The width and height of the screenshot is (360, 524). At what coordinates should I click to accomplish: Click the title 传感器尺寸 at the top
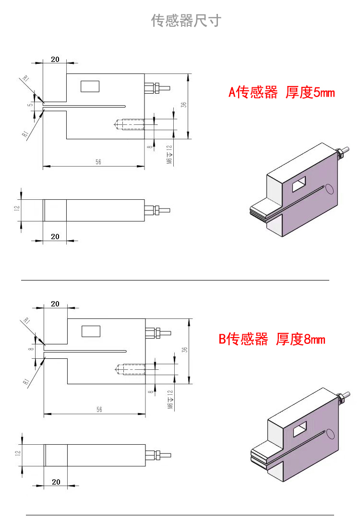pyautogui.click(x=186, y=21)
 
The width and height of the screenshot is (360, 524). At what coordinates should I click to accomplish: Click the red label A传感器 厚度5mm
pyautogui.click(x=281, y=92)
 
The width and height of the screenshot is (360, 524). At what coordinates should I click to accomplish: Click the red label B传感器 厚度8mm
pyautogui.click(x=272, y=340)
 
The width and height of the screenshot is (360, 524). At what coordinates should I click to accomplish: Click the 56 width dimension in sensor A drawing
pyautogui.click(x=98, y=162)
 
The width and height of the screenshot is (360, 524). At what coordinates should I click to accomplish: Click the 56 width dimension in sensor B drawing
pyautogui.click(x=99, y=410)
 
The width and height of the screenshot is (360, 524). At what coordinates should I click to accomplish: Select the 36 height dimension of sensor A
pyautogui.click(x=184, y=105)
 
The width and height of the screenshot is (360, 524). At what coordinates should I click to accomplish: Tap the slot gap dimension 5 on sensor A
pyautogui.click(x=30, y=104)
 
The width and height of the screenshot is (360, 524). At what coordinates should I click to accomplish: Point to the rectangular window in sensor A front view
pyautogui.click(x=90, y=86)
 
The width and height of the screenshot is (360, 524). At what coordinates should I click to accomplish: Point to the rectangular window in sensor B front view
pyautogui.click(x=91, y=331)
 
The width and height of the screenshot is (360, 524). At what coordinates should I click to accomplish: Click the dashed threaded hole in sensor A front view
pyautogui.click(x=130, y=125)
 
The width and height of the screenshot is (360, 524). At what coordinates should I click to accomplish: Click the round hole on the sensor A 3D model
pyautogui.click(x=330, y=189)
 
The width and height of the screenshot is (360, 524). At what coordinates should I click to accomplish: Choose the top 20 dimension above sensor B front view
pyautogui.click(x=55, y=304)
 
